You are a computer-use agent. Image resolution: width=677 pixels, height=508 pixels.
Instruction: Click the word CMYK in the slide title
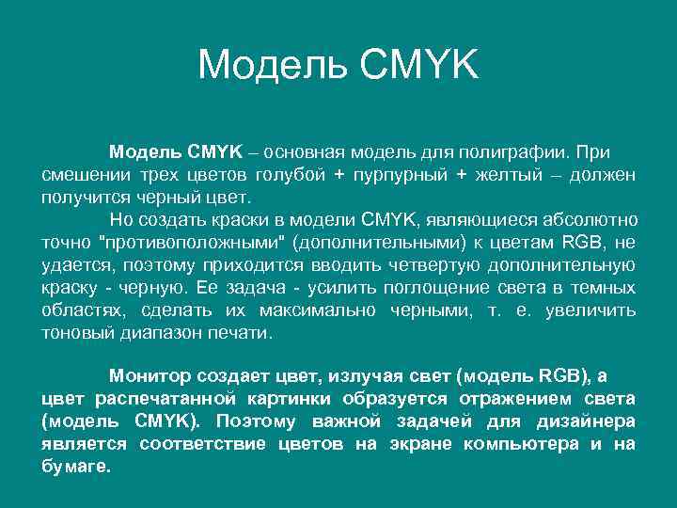[x=414, y=65]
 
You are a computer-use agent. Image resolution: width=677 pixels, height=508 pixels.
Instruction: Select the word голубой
[x=282, y=175]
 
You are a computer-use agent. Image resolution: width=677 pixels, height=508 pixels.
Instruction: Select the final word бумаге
[x=75, y=467]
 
